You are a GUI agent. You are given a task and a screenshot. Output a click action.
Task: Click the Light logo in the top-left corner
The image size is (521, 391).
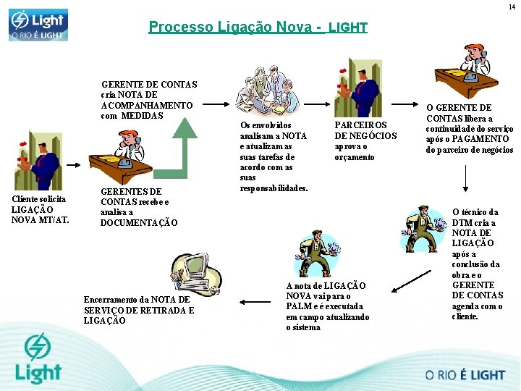tap(38, 24)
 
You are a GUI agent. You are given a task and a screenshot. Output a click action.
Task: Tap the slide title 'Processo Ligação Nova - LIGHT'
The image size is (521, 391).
tap(258, 28)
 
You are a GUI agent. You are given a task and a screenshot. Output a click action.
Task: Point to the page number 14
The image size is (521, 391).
tap(512, 7)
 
